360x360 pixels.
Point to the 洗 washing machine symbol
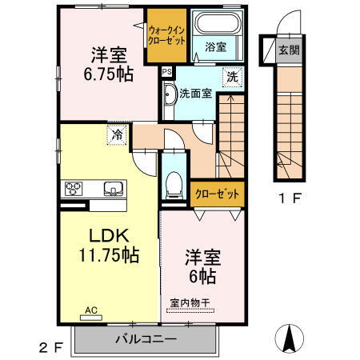[x=230, y=78]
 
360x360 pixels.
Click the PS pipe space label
[x=166, y=71]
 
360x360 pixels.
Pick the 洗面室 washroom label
[x=196, y=93]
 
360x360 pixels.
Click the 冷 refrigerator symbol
[x=118, y=135]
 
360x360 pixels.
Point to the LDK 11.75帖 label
[x=109, y=246]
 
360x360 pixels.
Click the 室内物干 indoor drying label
[x=191, y=302]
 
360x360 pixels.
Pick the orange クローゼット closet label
[x=216, y=193]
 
